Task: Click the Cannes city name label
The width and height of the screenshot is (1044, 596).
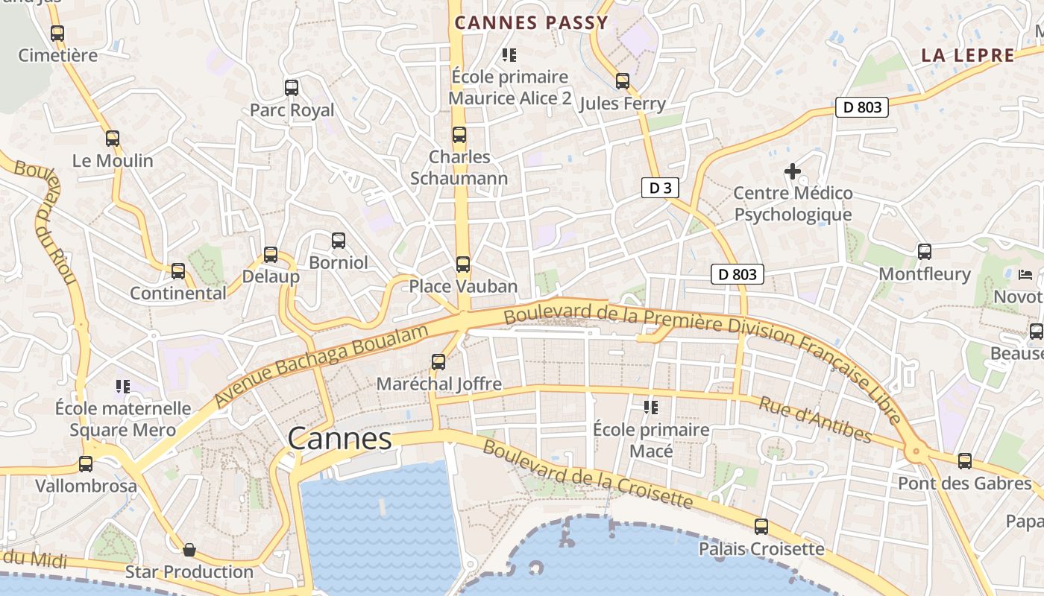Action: [340, 438]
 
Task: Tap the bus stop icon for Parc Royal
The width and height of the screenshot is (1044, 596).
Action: [292, 88]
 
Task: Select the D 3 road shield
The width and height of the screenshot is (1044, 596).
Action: [660, 188]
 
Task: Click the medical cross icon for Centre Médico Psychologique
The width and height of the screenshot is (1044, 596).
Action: [793, 171]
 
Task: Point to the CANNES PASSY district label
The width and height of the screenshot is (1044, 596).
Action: [532, 23]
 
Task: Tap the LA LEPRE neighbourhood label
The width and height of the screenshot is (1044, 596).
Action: [968, 55]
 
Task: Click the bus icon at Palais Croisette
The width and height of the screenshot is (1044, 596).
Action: [761, 527]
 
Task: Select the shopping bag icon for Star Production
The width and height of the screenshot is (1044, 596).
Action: [189, 550]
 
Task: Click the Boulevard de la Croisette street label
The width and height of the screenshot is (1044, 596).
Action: [588, 475]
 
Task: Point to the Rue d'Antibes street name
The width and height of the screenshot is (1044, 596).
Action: [815, 419]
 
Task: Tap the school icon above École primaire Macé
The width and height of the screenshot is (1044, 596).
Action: [651, 408]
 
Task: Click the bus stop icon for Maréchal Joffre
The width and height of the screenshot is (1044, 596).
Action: [438, 362]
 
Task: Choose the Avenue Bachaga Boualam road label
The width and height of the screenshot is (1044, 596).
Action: [322, 365]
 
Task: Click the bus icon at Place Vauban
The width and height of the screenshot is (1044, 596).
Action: [463, 264]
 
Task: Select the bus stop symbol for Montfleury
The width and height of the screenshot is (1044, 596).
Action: [925, 252]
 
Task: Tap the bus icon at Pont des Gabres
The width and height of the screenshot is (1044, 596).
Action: [965, 461]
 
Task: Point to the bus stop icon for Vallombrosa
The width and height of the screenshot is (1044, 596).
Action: [86, 464]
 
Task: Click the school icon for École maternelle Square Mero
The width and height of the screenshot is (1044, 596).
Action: [123, 386]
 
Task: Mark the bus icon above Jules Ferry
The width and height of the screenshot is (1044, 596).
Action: [623, 81]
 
